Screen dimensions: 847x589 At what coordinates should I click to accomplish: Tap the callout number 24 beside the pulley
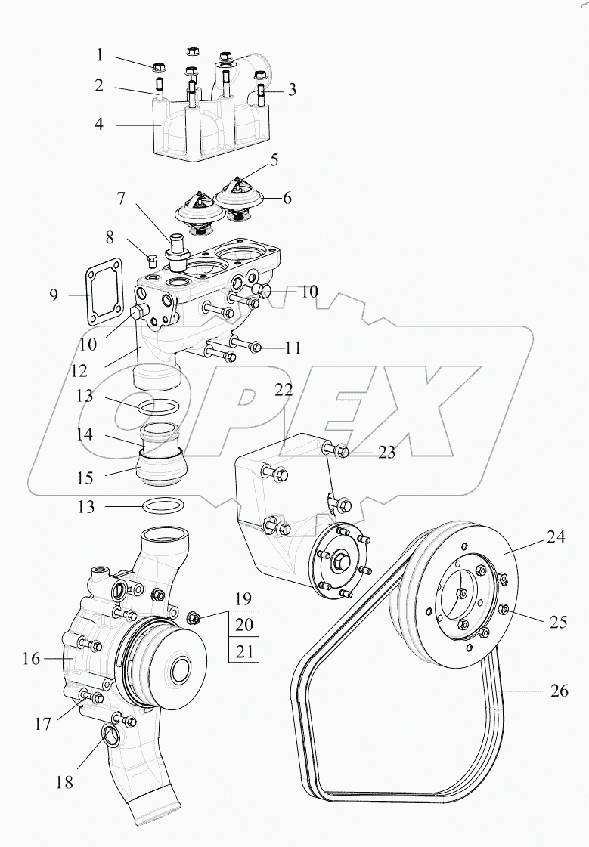[556, 539]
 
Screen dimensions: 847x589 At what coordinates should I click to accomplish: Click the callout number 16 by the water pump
[30, 659]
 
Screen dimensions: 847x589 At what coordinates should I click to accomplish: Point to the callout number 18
[65, 783]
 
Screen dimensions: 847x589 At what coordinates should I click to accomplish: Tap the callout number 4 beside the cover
[99, 123]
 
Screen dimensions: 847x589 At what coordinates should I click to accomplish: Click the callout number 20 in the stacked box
[243, 625]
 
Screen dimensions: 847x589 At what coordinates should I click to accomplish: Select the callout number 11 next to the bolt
[293, 348]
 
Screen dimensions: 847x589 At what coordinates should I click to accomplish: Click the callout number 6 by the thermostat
[287, 199]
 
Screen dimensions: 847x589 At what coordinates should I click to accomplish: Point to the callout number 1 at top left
[99, 55]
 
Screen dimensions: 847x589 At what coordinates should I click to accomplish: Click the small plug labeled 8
[152, 260]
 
